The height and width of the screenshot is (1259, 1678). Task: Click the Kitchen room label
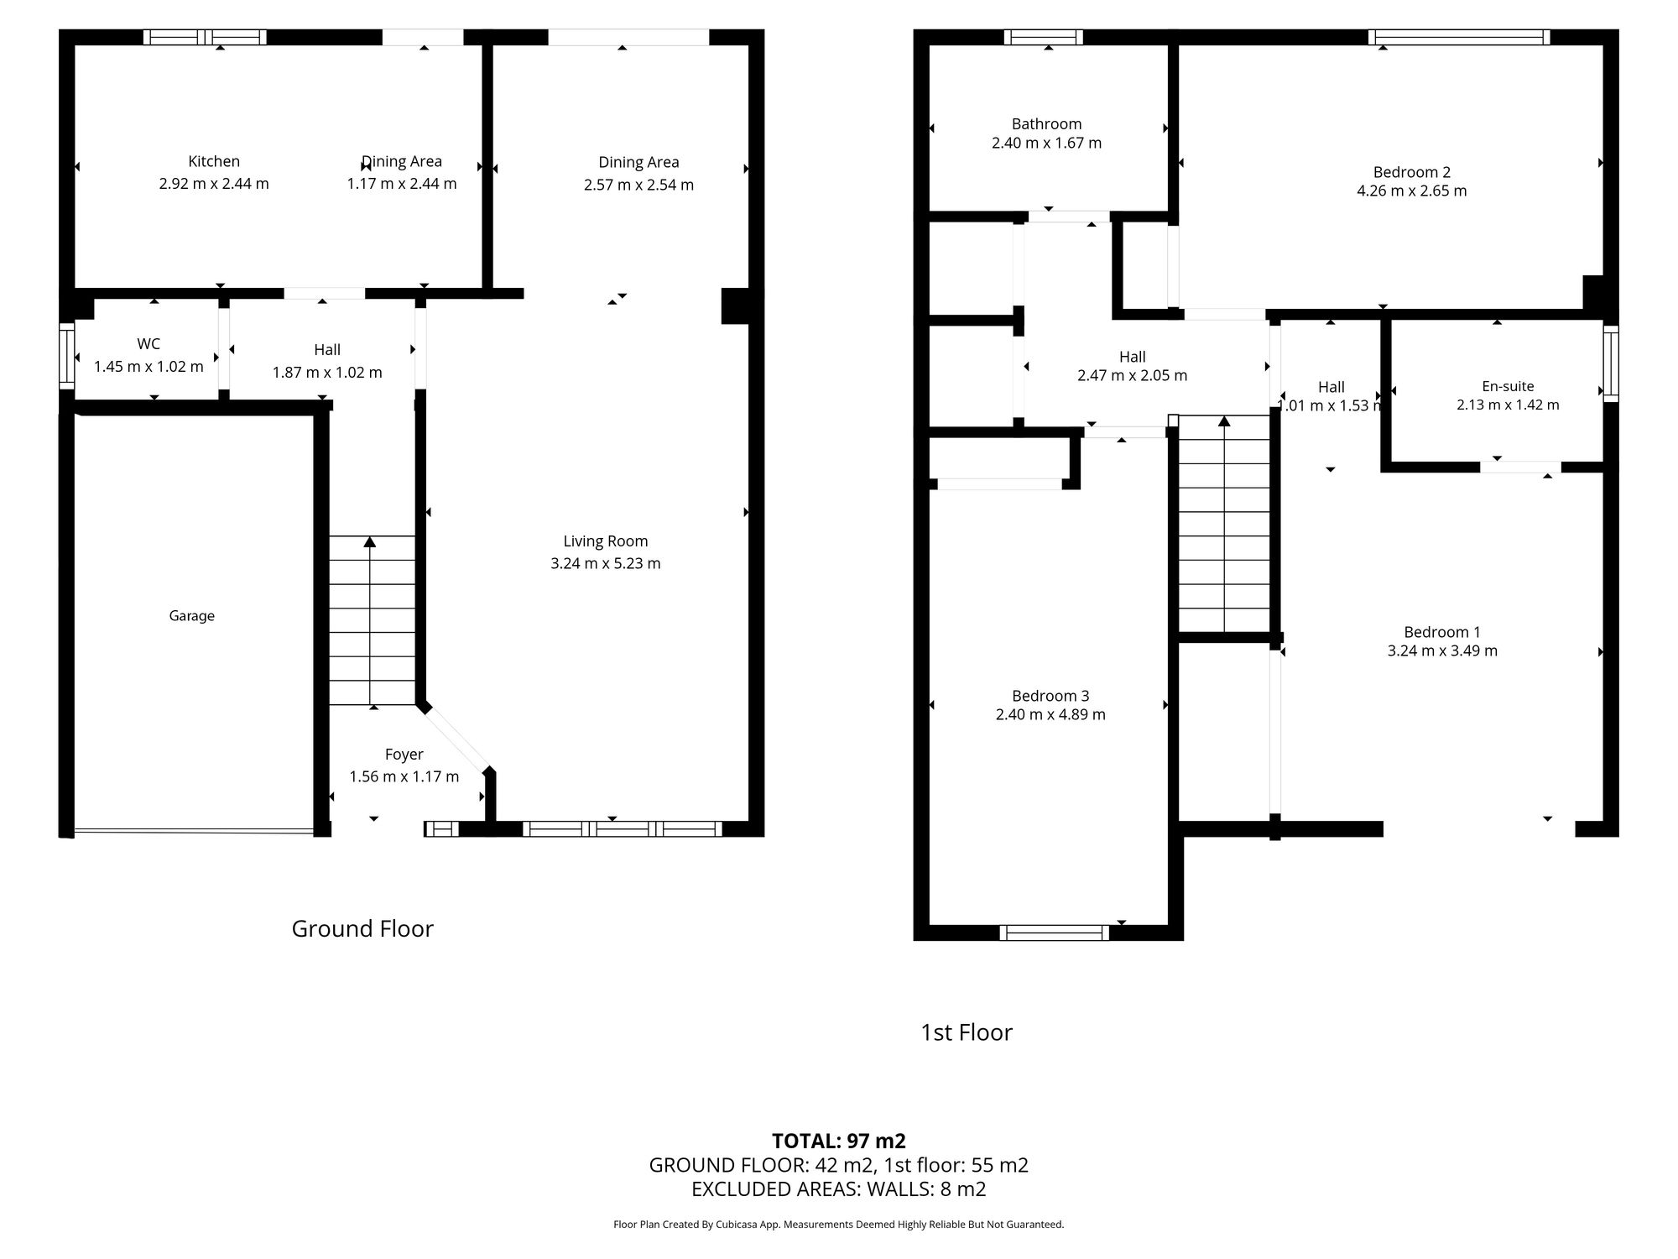[x=214, y=161]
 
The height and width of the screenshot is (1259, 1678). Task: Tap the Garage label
[x=191, y=616]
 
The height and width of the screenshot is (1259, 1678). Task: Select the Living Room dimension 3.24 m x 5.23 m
[x=605, y=563]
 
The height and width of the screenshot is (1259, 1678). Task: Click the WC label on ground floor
[x=149, y=344]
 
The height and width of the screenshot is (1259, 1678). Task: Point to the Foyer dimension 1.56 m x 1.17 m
[x=404, y=776]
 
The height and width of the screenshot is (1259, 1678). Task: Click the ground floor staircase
[x=372, y=621]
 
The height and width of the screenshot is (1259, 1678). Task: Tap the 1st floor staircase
[x=1224, y=525]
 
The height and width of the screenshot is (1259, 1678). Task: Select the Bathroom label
[x=1046, y=124]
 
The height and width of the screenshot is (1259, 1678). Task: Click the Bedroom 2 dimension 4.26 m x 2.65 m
[x=1411, y=191]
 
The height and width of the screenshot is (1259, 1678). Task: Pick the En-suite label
[x=1508, y=386]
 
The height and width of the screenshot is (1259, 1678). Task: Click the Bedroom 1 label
[x=1442, y=632]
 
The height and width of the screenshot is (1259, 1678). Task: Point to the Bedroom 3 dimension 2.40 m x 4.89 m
[x=1050, y=714]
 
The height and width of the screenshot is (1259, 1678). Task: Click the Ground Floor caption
[x=362, y=928]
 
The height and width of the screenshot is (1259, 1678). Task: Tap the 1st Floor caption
[x=967, y=1032]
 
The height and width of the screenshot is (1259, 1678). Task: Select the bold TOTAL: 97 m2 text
[x=838, y=1141]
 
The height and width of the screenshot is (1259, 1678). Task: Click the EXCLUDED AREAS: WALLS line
[x=838, y=1188]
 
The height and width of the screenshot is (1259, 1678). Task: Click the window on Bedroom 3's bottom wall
[x=1055, y=932]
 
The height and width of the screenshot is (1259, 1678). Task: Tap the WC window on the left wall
[x=66, y=357]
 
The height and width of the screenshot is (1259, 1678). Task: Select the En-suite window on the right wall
[x=1611, y=363]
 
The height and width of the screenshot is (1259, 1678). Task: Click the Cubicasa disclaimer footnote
[x=838, y=1225]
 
